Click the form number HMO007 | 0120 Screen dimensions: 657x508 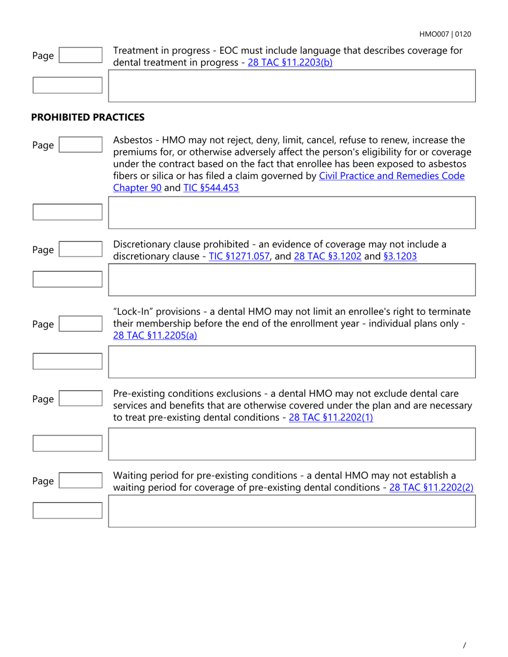[445, 34]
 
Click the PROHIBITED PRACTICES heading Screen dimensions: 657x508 [88, 116]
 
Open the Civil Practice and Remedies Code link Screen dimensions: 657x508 [391, 176]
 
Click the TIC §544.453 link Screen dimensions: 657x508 [211, 187]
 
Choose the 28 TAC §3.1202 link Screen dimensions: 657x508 [328, 256]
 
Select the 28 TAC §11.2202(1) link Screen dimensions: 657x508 [330, 418]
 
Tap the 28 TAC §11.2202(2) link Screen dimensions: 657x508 [432, 487]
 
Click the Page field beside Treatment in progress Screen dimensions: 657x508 [80, 55]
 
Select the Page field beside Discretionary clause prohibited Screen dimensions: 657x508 [80, 249]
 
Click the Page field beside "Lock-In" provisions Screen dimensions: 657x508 [80, 324]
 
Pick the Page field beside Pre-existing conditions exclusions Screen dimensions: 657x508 [80, 399]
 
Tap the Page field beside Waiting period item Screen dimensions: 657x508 [80, 481]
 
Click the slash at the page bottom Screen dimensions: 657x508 [464, 645]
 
